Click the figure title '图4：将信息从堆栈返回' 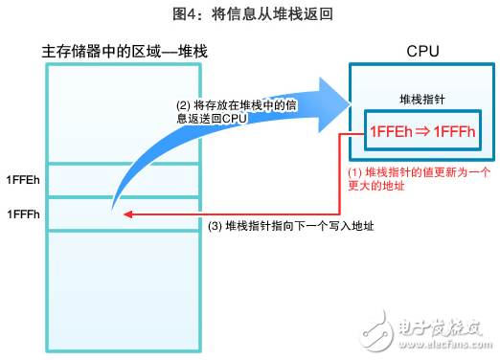point(249,15)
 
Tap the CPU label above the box point(423,51)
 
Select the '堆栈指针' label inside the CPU point(423,100)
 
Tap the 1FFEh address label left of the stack point(23,180)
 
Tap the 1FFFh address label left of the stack point(23,213)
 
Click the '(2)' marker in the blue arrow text point(180,105)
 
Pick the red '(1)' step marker point(354,171)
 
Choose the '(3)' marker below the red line point(216,227)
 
